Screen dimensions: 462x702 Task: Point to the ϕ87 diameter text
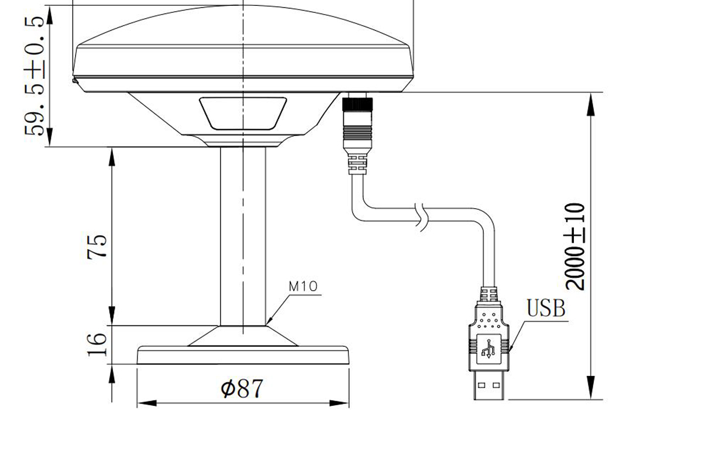pos(242,388)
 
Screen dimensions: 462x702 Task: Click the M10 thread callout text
pos(303,287)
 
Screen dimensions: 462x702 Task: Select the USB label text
pos(546,308)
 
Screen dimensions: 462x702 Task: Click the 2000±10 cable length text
pos(576,246)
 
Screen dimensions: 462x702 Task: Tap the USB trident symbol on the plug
pos(488,349)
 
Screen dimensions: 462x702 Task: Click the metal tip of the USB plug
pos(488,388)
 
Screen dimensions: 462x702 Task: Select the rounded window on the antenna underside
pos(243,113)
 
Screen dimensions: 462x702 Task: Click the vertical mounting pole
pos(243,234)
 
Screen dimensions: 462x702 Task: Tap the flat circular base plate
pos(243,356)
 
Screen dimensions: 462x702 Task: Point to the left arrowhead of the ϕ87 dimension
pos(144,404)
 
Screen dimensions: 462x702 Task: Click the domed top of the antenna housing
pos(243,26)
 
